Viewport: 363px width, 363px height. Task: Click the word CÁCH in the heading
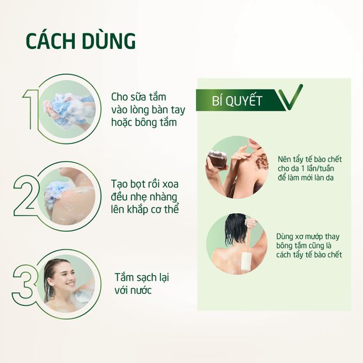51,41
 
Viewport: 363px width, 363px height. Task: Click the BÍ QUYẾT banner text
237,100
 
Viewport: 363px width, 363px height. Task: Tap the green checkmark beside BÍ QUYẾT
290,97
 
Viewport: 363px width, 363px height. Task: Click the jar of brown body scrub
217,159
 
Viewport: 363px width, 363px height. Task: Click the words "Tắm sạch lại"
142,277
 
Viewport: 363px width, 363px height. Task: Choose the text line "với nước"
133,290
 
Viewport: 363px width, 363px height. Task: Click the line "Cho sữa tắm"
138,97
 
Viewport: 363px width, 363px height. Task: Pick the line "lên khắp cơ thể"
145,209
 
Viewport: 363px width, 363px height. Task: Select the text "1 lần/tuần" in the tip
318,168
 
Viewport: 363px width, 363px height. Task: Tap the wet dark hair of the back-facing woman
235,228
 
